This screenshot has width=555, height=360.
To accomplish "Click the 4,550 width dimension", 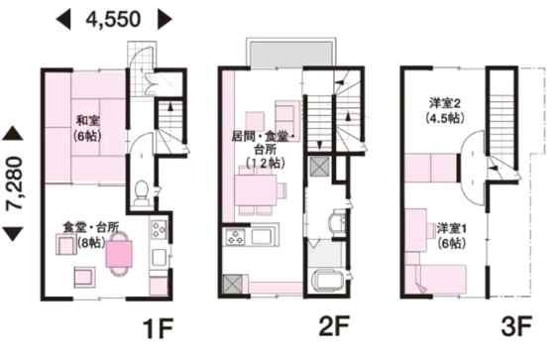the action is (x=114, y=19).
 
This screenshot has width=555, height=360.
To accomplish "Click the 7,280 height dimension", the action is (x=15, y=183).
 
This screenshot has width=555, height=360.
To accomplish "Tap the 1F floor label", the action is (x=158, y=329).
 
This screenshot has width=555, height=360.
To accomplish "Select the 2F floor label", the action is (x=334, y=326).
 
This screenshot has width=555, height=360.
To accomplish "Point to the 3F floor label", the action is (x=516, y=326).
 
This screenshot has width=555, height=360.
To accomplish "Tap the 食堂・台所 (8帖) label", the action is (x=91, y=235).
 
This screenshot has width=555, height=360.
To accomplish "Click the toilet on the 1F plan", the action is (x=142, y=193).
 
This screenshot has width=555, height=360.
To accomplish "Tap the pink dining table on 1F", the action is (x=119, y=254).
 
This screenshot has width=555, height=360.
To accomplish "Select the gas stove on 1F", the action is (x=159, y=230).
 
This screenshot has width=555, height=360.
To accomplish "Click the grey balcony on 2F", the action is (x=291, y=54).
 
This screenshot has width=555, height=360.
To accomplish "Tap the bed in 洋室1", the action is (x=440, y=280).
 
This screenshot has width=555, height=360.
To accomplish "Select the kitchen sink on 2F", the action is (x=262, y=237).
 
